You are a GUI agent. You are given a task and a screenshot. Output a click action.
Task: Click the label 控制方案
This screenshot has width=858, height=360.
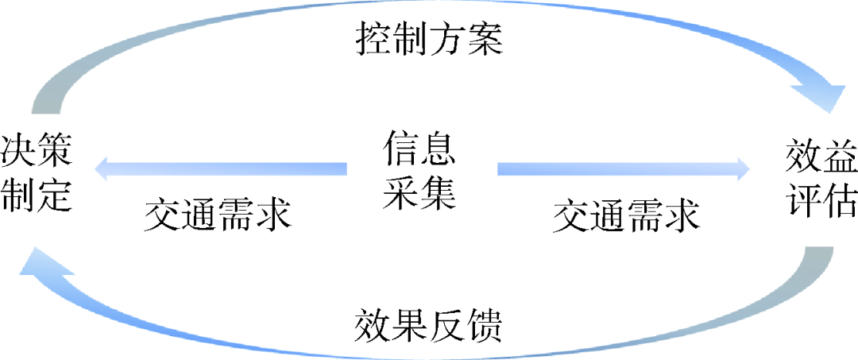[x=428, y=37]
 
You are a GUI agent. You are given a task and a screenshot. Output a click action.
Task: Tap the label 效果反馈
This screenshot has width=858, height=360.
[x=428, y=325]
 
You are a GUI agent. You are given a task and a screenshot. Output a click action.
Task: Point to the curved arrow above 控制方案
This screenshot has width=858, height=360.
[x=429, y=11]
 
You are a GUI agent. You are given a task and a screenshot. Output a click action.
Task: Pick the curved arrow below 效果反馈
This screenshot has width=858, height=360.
[x=429, y=350]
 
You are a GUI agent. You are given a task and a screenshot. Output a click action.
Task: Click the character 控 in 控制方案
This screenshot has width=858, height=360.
[x=373, y=37]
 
